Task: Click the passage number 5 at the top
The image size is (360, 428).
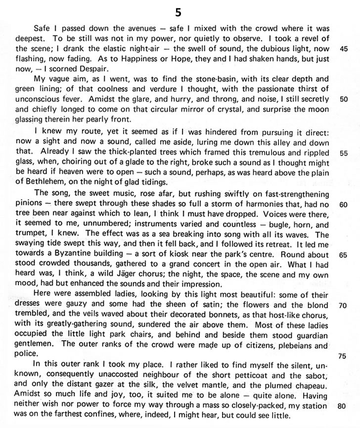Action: (x=180, y=9)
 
